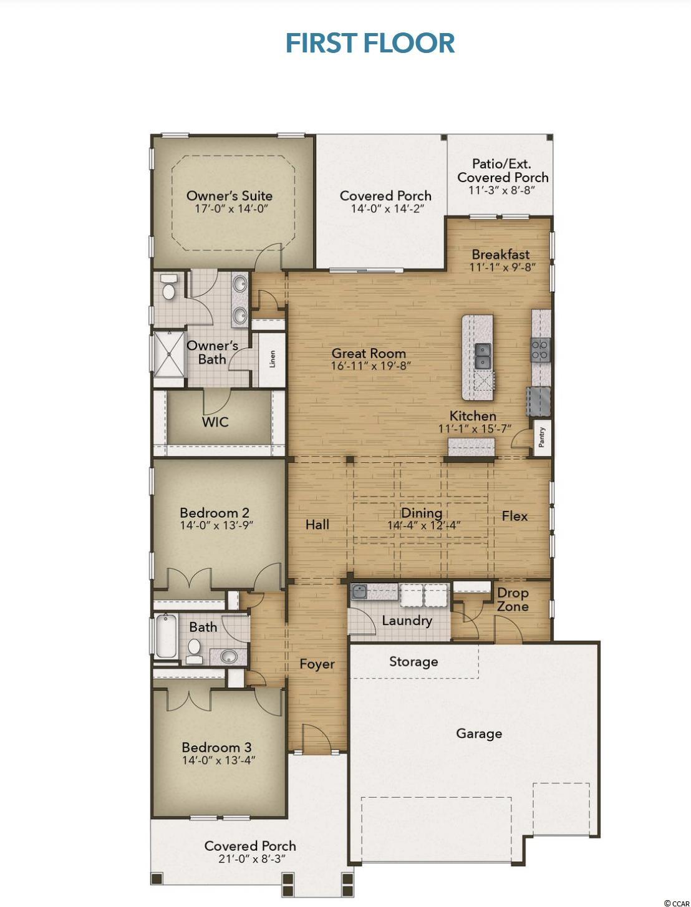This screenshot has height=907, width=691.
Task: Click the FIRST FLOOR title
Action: tap(370, 44)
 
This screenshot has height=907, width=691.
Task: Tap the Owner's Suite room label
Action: tap(230, 195)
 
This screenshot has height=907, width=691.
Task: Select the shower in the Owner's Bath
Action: tap(169, 354)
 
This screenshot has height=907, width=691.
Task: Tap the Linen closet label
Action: tap(272, 359)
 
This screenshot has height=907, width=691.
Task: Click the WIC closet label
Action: tap(215, 422)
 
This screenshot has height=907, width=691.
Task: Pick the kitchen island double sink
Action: tap(483, 356)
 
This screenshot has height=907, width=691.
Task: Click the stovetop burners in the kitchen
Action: tap(541, 351)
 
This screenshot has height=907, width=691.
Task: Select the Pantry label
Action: tap(542, 437)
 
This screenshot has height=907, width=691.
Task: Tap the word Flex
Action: tap(515, 516)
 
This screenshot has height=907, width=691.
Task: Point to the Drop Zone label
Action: tap(513, 599)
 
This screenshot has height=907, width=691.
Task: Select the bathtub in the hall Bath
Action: tap(166, 636)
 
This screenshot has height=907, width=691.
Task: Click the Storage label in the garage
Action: tap(413, 662)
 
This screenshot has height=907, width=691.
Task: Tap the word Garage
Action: tap(479, 734)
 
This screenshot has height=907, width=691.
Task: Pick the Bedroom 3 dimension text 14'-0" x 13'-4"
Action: tap(219, 760)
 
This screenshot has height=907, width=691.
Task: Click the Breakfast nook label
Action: tap(501, 254)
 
